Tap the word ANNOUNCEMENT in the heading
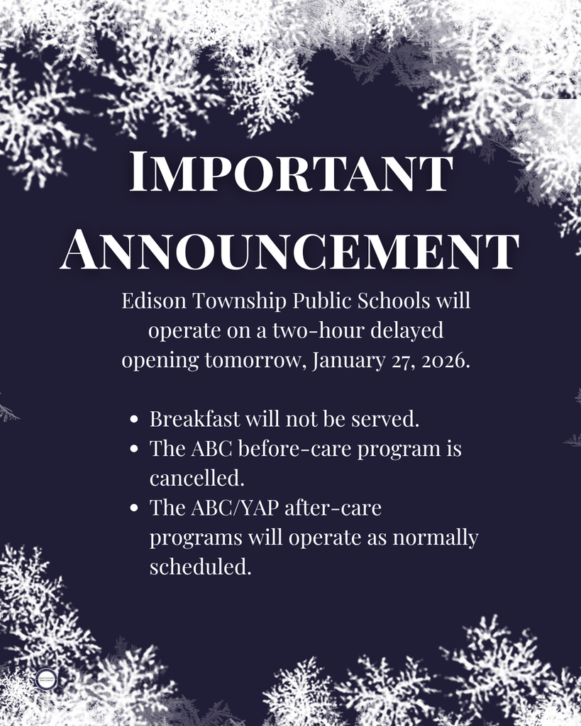[x=290, y=250]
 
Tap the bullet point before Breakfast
[x=134, y=420]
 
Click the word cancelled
[x=197, y=479]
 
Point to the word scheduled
[x=200, y=567]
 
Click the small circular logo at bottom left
[x=46, y=679]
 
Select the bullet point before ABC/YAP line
[x=134, y=509]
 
